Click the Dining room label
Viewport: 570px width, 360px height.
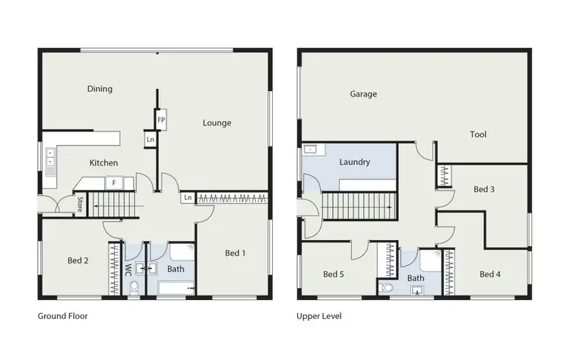click(x=100, y=89)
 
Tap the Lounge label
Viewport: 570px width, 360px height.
click(x=217, y=123)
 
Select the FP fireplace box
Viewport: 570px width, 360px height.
click(x=161, y=120)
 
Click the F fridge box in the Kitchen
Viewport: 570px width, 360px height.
click(x=114, y=183)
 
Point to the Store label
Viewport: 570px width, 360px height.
click(x=80, y=204)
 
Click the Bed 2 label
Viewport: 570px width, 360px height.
click(x=78, y=261)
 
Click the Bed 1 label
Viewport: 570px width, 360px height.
click(x=235, y=253)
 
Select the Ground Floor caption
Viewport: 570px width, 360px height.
click(x=63, y=315)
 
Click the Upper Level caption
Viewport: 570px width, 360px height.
click(x=319, y=315)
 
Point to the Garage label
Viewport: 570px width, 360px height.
click(x=363, y=94)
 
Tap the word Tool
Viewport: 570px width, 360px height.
click(x=478, y=134)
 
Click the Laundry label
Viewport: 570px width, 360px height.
click(x=355, y=162)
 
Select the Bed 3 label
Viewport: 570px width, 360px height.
click(x=484, y=189)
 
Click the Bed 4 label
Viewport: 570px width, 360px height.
click(x=489, y=274)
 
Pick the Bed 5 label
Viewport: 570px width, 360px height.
click(x=334, y=274)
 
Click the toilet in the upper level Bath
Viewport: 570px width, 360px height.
click(x=387, y=287)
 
